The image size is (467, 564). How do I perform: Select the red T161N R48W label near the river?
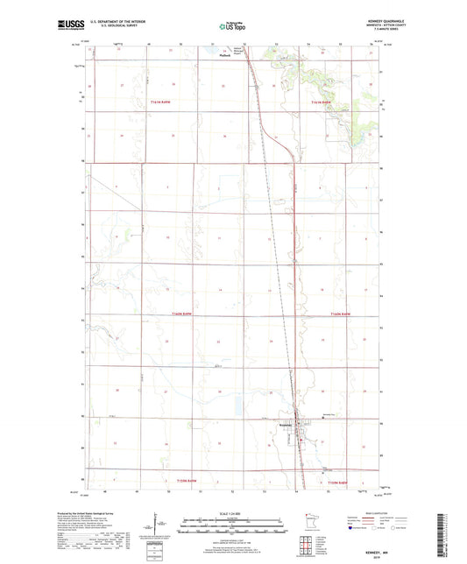[x=322, y=103]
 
